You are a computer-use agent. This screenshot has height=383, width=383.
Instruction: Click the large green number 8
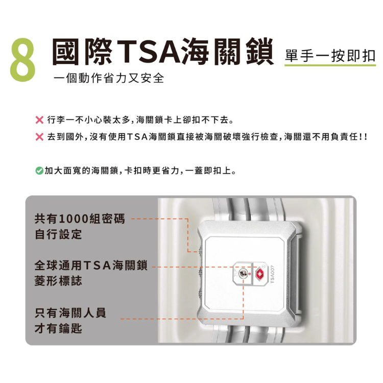pos(22,60)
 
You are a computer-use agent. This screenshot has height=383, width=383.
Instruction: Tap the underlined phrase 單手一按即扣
pos(330,56)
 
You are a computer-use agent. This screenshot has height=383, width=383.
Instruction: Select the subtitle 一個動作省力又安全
pos(109,78)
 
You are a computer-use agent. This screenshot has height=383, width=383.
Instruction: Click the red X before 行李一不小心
pos(39,120)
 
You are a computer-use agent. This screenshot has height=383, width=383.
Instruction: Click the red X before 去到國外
pos(39,137)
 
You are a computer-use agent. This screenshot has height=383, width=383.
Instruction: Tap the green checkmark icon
pos(39,171)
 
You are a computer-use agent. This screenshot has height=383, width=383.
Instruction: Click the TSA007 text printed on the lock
pos(272,275)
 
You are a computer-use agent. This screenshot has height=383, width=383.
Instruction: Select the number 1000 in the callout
pos(74,219)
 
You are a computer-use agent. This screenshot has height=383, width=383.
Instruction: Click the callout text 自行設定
pos(58,234)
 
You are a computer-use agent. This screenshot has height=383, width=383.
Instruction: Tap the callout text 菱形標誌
pos(58,281)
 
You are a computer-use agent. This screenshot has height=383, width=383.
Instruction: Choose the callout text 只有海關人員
pos(70,313)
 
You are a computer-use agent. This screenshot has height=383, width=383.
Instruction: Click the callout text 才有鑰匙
pos(58,328)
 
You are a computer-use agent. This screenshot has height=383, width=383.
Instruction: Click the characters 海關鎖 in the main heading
pos(228,52)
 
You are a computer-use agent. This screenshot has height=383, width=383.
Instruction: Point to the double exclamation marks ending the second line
pos(364,137)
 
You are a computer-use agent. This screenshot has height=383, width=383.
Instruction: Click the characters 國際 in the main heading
pos(83,52)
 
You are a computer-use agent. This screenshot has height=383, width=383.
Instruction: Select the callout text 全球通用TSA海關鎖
pos(91,266)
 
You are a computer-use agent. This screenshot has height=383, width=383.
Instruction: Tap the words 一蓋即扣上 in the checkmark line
pos(211,171)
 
